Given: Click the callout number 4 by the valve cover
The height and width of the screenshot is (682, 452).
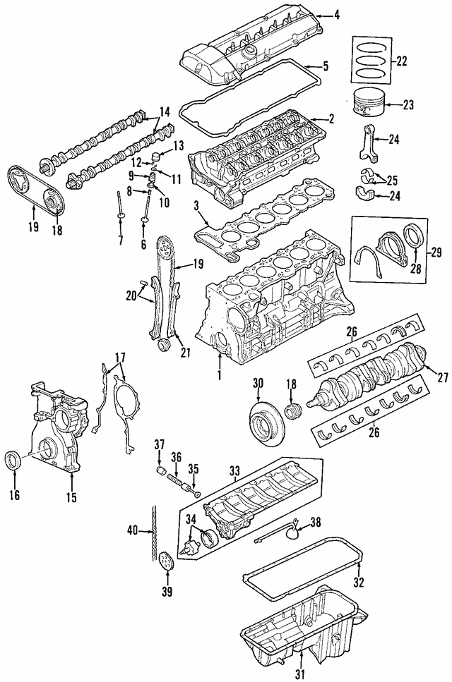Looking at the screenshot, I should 336,13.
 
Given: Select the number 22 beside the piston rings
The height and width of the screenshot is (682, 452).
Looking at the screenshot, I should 402,61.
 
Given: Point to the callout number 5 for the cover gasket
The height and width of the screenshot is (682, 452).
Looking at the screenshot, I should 325,67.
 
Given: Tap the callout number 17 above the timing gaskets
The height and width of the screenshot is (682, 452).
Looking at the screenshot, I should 121,358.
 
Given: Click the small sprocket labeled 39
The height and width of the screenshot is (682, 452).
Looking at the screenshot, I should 166,562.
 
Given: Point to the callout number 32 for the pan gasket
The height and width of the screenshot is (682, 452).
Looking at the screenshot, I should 359,583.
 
